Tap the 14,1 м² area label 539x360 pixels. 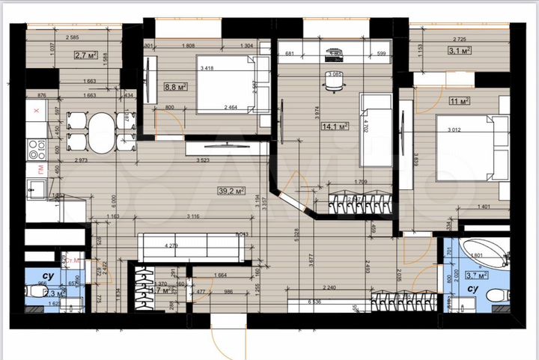(x=331, y=126)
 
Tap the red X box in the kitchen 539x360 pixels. (x=35, y=110)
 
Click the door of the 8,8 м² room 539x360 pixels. (x=166, y=120)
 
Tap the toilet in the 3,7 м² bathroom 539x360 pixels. (x=496, y=298)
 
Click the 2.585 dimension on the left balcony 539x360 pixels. (x=73, y=37)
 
